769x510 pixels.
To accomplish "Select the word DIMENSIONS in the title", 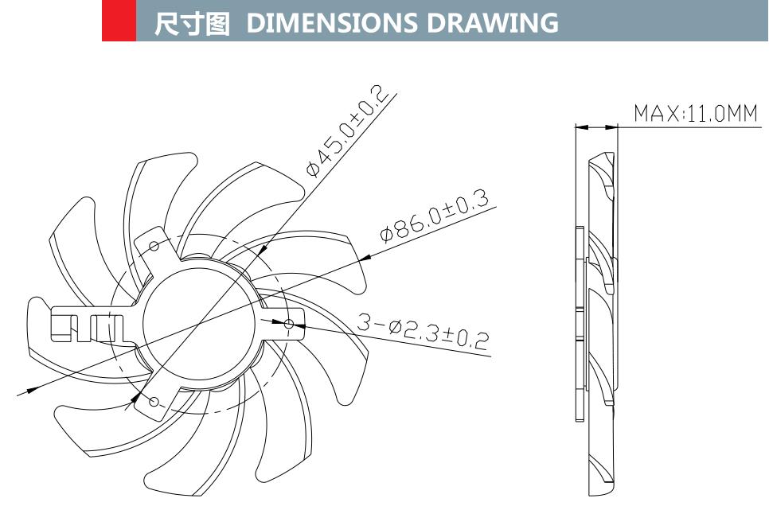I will (333, 24).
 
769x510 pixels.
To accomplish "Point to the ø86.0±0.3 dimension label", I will (434, 215).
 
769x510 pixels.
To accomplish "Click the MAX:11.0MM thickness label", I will (695, 114).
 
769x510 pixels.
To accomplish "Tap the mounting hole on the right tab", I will (289, 324).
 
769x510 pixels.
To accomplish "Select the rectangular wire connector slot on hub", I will (88, 327).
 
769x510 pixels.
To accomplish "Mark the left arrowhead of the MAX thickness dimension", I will (580, 127).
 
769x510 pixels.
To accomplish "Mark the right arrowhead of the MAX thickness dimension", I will (612, 127).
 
